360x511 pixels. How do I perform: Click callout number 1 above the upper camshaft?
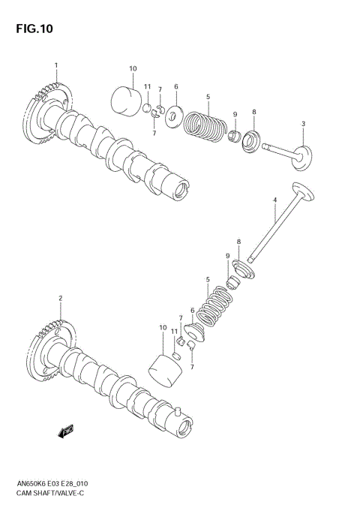(55, 65)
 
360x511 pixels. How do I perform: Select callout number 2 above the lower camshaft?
(60, 299)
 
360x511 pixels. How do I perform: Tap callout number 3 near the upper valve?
(303, 124)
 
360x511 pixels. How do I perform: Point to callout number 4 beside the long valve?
(274, 200)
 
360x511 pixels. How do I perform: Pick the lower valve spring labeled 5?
(215, 305)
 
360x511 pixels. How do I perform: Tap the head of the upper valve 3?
(303, 157)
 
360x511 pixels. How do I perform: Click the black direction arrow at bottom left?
(67, 431)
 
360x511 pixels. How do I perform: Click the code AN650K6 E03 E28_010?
(52, 486)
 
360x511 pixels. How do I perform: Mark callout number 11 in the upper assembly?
(148, 86)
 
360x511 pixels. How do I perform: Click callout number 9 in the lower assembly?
(227, 257)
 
